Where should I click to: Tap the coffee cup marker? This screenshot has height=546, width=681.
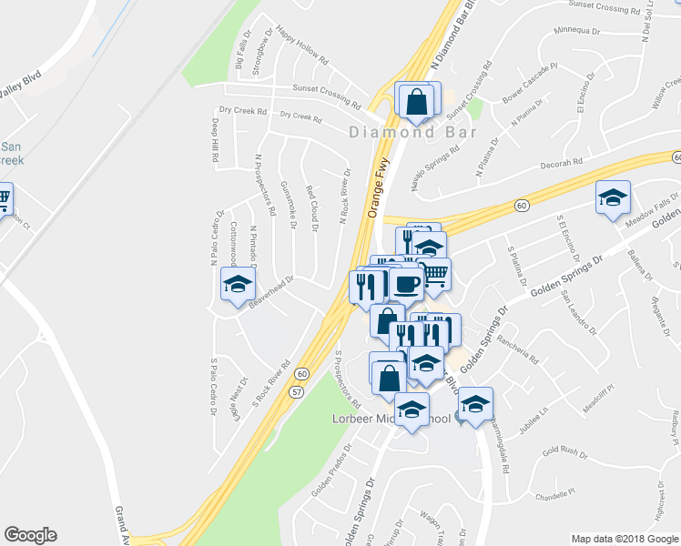(405, 285)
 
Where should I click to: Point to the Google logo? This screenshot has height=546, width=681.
(30, 535)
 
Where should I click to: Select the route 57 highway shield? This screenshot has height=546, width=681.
(297, 391)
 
